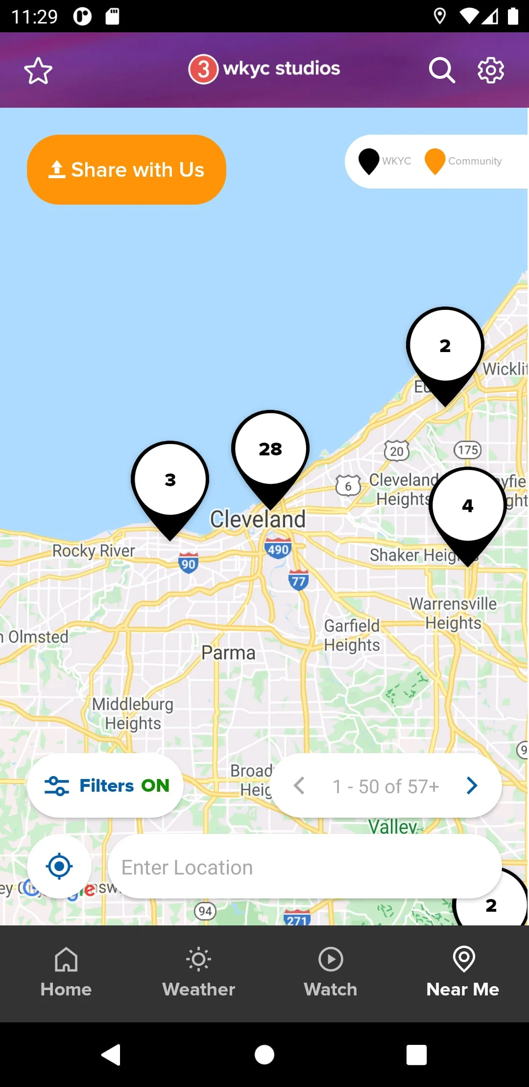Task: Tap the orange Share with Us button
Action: point(126,169)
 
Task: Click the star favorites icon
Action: point(38,71)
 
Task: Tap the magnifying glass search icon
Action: point(442,71)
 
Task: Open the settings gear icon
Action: point(491,71)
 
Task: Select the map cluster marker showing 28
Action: point(270,449)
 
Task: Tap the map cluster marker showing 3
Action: point(170,480)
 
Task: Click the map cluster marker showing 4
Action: point(468,506)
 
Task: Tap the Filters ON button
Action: point(105,785)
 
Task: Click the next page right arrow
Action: point(472,785)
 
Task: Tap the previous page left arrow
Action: point(299,785)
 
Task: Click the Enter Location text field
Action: point(304,867)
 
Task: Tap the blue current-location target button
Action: point(59,866)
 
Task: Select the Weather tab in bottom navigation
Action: point(198,972)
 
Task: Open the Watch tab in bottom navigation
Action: point(331,972)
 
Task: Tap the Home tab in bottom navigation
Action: point(66,972)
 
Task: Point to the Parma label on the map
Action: point(228,653)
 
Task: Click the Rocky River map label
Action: point(94,551)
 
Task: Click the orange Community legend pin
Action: point(434,161)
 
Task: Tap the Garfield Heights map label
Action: point(352,635)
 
